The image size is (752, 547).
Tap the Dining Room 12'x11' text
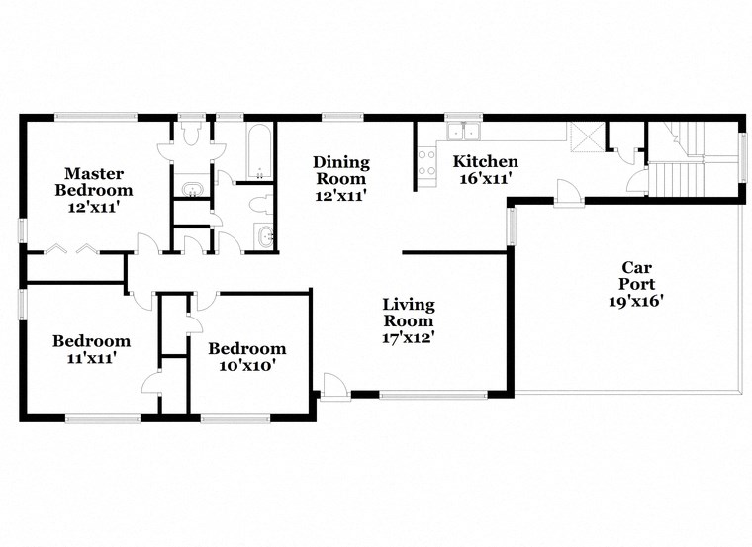[340, 179]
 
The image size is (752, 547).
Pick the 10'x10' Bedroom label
[246, 356]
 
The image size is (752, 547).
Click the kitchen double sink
[462, 133]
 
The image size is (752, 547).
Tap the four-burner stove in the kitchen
[427, 165]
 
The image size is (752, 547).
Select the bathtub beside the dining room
[259, 152]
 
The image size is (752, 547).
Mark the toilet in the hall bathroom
[258, 205]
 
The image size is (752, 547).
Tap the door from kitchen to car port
[567, 193]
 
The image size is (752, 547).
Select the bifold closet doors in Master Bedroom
[74, 248]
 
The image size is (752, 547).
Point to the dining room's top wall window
[342, 117]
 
